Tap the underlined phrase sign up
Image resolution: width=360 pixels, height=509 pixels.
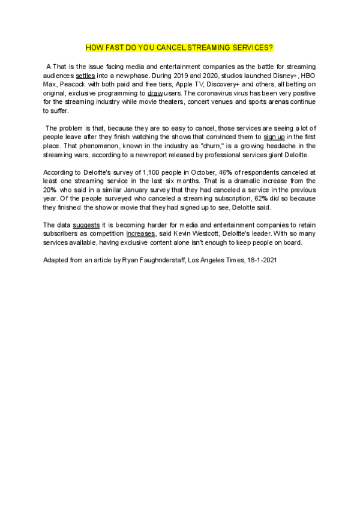[x=274, y=137]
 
